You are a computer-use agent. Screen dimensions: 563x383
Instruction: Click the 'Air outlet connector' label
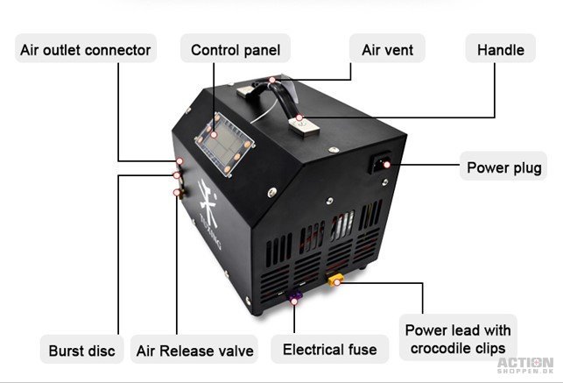pyautogui.click(x=86, y=50)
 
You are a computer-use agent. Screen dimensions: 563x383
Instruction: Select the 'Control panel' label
pyautogui.click(x=236, y=50)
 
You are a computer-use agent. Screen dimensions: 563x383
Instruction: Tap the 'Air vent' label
pyautogui.click(x=387, y=50)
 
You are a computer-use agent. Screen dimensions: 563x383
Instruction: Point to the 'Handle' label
pyautogui.click(x=501, y=50)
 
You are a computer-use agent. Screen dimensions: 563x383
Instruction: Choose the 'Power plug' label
pyautogui.click(x=503, y=167)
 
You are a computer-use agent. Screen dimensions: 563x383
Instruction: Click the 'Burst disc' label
pyautogui.click(x=81, y=351)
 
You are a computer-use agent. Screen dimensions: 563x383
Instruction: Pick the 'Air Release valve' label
pyautogui.click(x=194, y=351)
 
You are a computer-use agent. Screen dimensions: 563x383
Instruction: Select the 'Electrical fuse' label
pyautogui.click(x=329, y=349)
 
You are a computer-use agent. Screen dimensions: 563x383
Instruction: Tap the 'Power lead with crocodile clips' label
pyautogui.click(x=458, y=338)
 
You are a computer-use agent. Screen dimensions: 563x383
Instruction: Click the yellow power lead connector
pyautogui.click(x=335, y=280)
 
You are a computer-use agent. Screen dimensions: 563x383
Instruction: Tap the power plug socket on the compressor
pyautogui.click(x=381, y=163)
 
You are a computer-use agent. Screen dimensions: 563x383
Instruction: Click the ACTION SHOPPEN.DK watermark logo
pyautogui.click(x=525, y=365)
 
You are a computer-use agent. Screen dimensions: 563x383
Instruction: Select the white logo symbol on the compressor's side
pyautogui.click(x=208, y=202)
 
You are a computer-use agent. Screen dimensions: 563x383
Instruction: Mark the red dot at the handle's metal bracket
pyautogui.click(x=299, y=117)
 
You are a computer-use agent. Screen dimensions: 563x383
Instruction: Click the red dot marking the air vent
pyautogui.click(x=272, y=80)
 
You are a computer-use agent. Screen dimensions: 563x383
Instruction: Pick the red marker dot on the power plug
pyautogui.click(x=387, y=165)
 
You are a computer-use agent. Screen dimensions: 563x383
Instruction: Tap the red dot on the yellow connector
pyautogui.click(x=337, y=283)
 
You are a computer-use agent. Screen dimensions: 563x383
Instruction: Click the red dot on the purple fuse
pyautogui.click(x=294, y=301)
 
